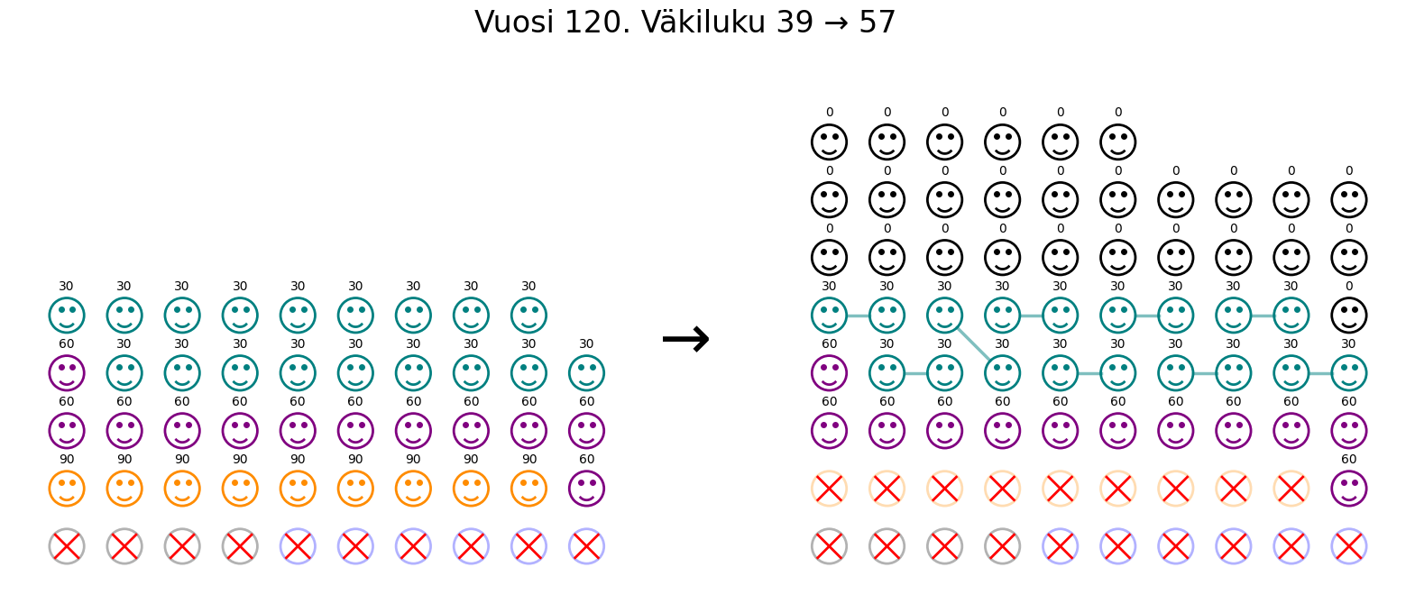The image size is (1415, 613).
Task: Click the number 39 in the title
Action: click(x=795, y=23)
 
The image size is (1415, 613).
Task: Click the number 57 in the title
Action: click(x=877, y=23)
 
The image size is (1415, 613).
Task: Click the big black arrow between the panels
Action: click(x=685, y=340)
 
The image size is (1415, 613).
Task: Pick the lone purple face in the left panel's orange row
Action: click(x=586, y=489)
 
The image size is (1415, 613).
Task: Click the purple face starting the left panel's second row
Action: click(x=67, y=373)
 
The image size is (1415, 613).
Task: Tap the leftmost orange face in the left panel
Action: click(x=67, y=489)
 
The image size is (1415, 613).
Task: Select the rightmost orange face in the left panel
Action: click(x=528, y=489)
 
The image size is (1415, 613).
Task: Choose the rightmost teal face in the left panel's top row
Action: click(x=528, y=316)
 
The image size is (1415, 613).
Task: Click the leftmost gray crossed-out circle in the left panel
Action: click(x=67, y=546)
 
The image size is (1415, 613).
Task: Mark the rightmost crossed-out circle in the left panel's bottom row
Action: click(x=586, y=546)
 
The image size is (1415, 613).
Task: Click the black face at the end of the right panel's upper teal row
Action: click(x=1348, y=316)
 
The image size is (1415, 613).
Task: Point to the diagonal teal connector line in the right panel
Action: click(x=973, y=344)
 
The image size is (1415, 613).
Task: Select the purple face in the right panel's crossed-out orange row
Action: click(x=1348, y=489)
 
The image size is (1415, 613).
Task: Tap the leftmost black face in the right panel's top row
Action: click(x=829, y=142)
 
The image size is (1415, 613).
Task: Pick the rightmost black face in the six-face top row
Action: click(x=1117, y=142)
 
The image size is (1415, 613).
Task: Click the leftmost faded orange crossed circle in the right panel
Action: click(x=829, y=489)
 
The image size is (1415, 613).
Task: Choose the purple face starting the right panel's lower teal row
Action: click(x=829, y=373)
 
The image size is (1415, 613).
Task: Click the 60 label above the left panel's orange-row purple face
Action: click(x=586, y=460)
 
